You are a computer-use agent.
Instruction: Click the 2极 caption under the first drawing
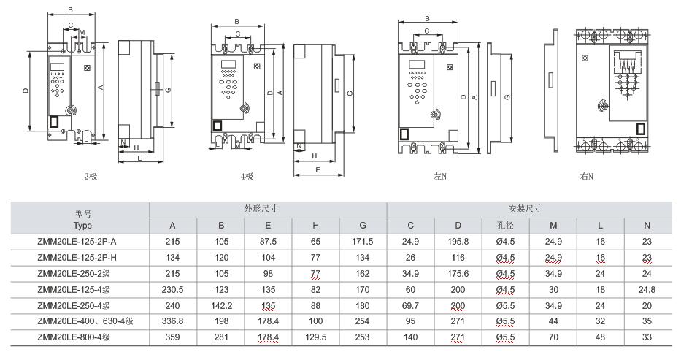click(91, 176)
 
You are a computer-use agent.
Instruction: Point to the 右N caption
click(586, 176)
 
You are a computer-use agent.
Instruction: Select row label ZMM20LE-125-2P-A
click(77, 241)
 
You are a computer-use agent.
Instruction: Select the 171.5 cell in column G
click(363, 241)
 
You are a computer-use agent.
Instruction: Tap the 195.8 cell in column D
click(458, 241)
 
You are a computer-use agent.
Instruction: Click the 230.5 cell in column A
click(173, 289)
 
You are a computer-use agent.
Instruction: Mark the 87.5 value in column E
click(268, 241)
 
